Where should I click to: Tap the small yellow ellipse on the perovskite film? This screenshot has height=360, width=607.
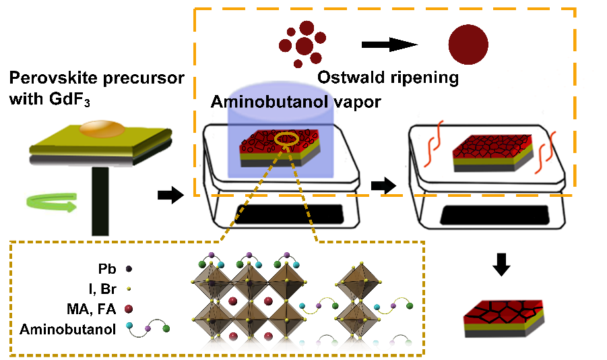click(x=288, y=139)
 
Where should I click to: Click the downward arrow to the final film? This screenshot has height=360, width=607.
click(x=501, y=265)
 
